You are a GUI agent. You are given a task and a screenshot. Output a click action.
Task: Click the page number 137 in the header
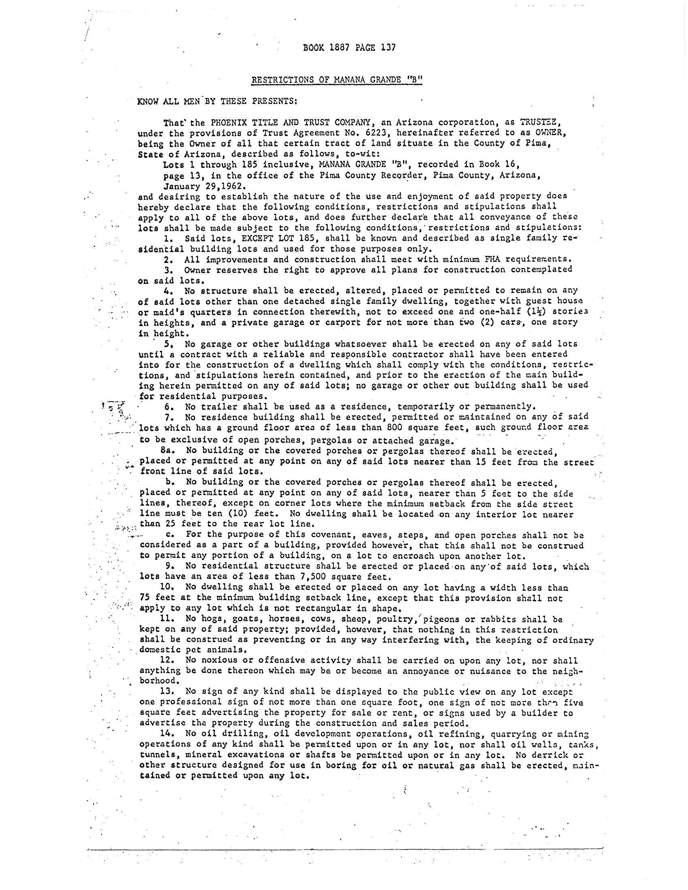pyautogui.click(x=388, y=47)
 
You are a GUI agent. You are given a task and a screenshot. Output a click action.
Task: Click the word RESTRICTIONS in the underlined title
pyautogui.click(x=281, y=80)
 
